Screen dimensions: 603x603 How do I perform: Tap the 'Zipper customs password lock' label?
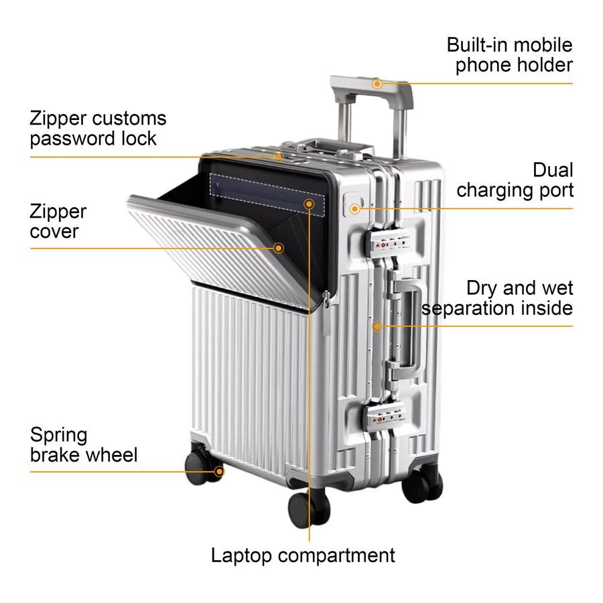coord(98,128)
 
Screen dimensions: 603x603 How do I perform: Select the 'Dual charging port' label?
coord(515,180)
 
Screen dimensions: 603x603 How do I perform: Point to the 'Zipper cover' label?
coord(58,222)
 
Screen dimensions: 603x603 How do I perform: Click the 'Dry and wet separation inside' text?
coord(498,298)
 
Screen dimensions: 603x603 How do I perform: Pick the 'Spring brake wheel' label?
coord(83,445)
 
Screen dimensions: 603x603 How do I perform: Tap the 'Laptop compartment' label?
coord(303,555)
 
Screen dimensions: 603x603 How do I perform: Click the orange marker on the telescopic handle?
coord(377,84)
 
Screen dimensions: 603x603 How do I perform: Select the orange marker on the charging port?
coord(354,208)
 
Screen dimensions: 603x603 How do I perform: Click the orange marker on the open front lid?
coord(279,248)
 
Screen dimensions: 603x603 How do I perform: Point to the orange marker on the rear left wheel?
coord(218,471)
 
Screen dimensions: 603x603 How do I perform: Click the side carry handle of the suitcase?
coord(409,324)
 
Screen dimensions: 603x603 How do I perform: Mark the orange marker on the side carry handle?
coord(377,326)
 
